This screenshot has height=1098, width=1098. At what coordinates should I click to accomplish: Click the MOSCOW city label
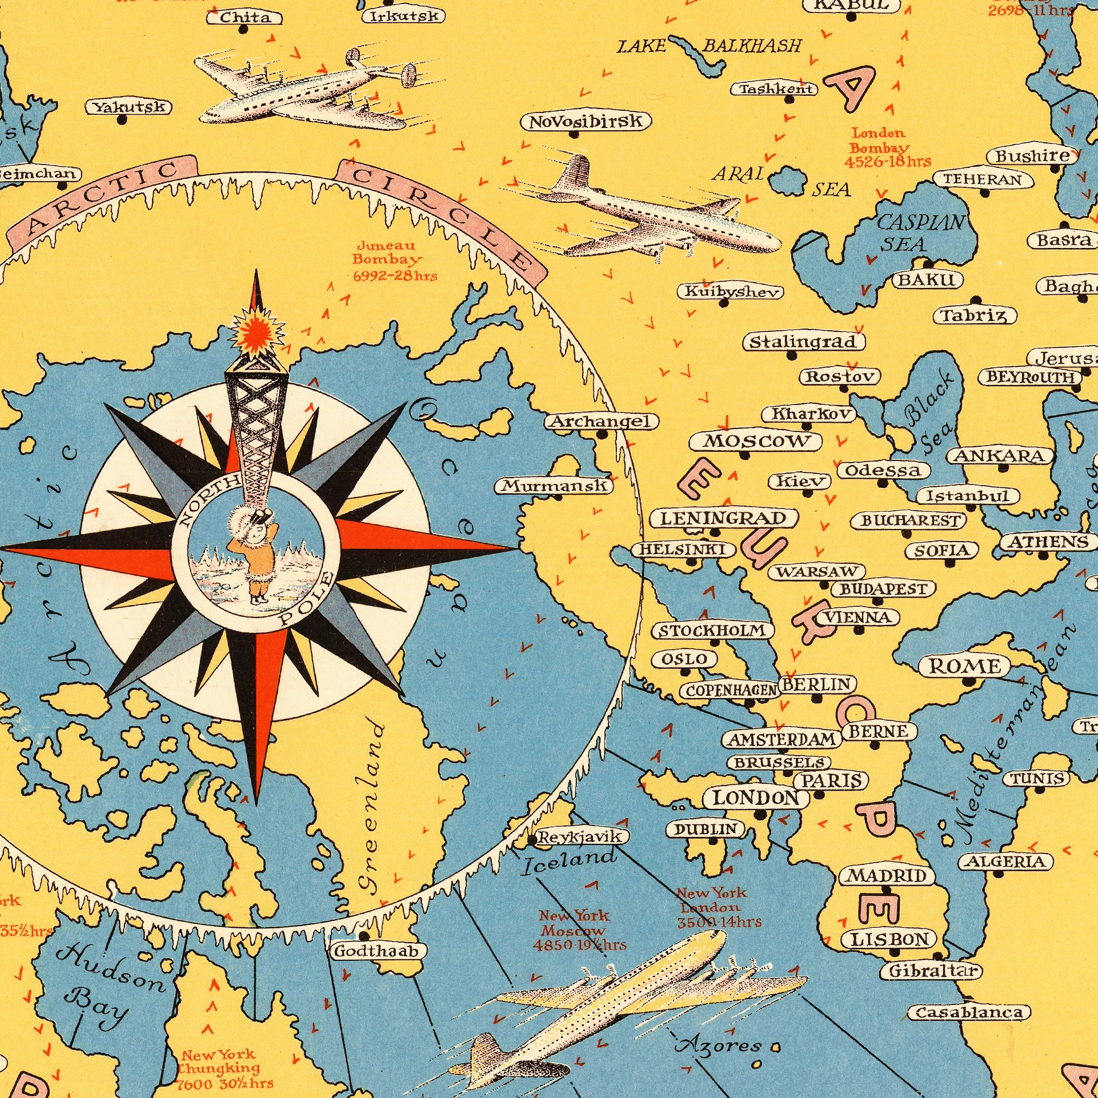click(x=755, y=441)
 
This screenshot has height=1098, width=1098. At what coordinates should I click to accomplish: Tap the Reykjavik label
click(x=581, y=837)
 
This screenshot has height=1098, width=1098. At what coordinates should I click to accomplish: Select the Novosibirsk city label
click(x=586, y=122)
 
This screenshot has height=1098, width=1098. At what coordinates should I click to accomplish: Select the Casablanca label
click(x=969, y=1013)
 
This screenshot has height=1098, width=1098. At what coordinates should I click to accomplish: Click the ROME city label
click(x=965, y=666)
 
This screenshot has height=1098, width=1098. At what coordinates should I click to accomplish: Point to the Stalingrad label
click(x=803, y=342)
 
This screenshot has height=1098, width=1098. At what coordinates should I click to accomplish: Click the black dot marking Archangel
click(x=602, y=435)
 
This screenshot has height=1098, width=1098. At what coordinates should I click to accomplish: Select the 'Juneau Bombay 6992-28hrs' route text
click(x=394, y=261)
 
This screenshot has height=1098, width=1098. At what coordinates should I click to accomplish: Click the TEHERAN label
click(x=984, y=179)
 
